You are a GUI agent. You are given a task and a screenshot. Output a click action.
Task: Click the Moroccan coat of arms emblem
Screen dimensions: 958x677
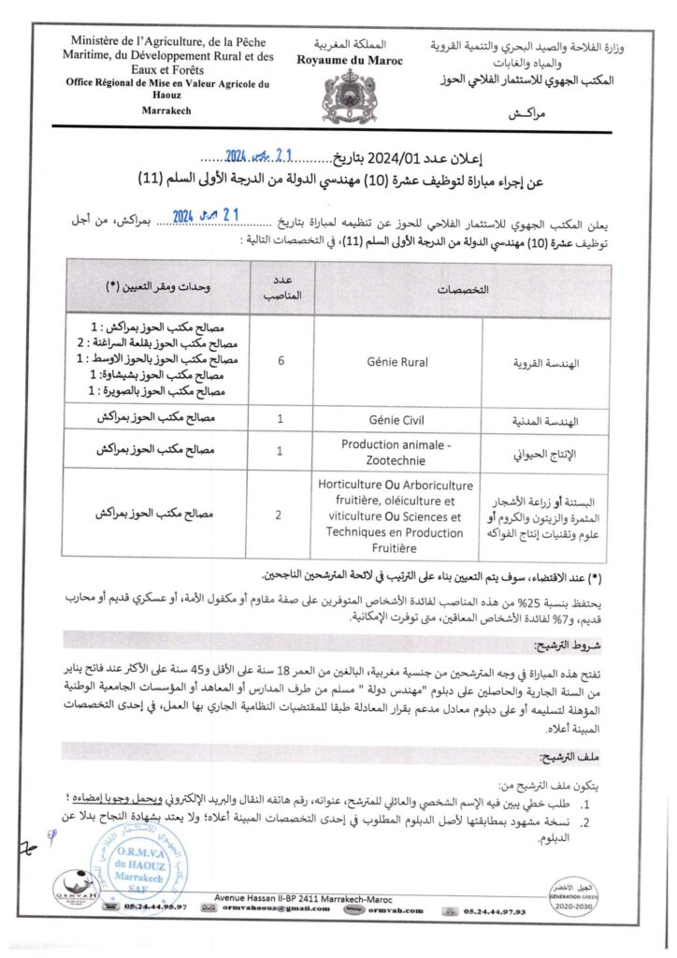coord(339,92)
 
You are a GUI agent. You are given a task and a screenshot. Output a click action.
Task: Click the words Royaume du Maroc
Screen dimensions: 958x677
coord(339,60)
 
